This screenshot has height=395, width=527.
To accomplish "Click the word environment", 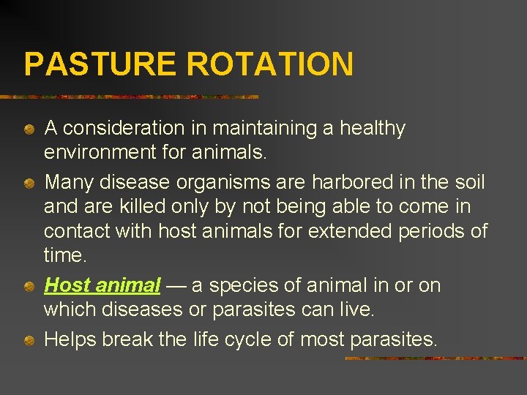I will click(x=99, y=152).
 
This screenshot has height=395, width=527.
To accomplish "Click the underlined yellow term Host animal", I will click(x=102, y=285).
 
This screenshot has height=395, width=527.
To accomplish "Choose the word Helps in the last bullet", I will click(x=71, y=339).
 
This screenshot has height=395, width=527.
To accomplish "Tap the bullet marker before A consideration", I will click(x=28, y=129).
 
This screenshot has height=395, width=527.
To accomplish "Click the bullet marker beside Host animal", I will click(x=28, y=285).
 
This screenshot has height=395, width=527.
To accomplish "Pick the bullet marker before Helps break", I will click(x=28, y=340).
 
